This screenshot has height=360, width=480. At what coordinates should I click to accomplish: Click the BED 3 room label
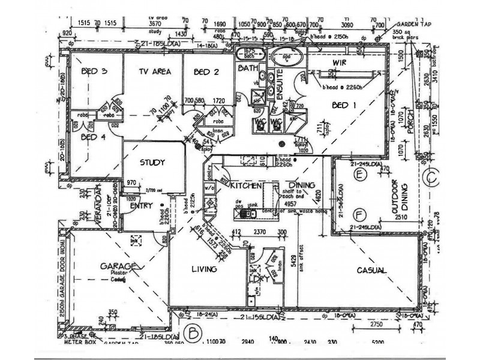click(x=94, y=73)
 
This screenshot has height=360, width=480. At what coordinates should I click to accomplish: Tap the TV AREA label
click(x=155, y=73)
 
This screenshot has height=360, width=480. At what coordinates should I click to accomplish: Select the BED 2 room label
click(x=206, y=73)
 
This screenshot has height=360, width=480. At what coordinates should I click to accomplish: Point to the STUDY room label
click(x=152, y=163)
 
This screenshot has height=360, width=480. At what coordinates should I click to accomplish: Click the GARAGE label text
click(x=120, y=266)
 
